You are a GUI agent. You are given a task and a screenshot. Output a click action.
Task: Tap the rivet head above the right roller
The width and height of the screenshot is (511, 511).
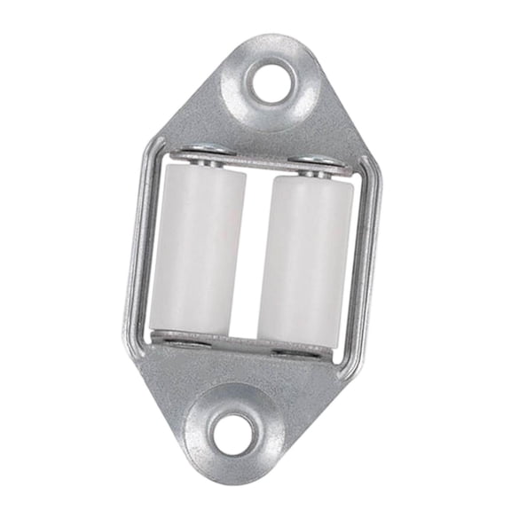(x=313, y=166)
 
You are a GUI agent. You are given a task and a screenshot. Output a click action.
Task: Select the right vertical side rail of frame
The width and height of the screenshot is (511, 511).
(x=373, y=262)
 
